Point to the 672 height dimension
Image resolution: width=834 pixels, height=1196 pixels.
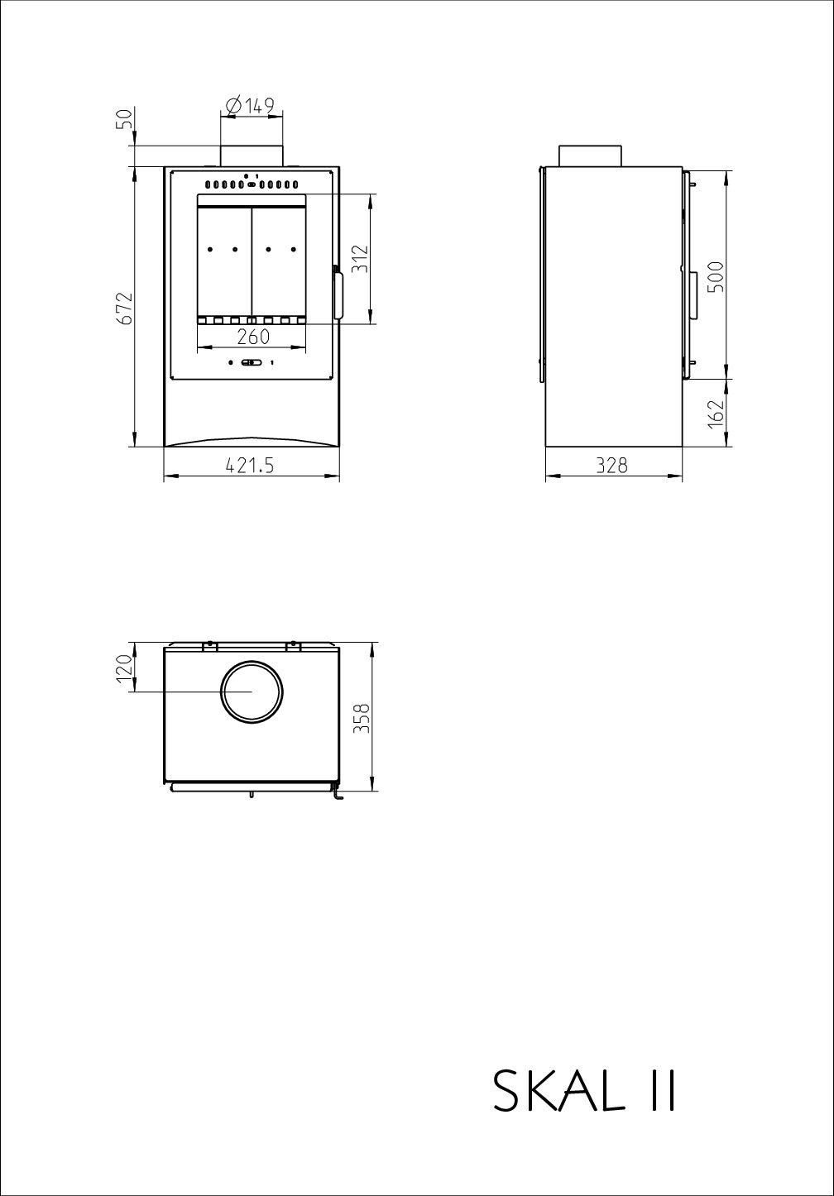pos(125,308)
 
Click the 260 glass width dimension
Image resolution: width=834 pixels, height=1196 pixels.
pos(252,337)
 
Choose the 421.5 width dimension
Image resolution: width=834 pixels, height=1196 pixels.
pos(250,466)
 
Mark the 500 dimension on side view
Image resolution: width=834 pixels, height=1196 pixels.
pos(717,276)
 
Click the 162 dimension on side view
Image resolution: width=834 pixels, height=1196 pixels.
pos(717,412)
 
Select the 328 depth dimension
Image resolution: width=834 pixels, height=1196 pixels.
pos(612,466)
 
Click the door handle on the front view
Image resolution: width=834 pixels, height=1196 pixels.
pos(339,294)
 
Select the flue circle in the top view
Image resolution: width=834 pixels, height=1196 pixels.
pos(252,691)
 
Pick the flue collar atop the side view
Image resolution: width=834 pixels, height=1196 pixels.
pos(590,155)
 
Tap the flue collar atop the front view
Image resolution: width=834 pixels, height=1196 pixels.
pos(252,155)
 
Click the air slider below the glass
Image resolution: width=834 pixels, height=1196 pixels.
pos(252,362)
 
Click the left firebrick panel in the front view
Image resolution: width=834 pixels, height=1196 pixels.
pos(223,261)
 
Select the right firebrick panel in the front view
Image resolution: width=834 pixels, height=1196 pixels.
pos(279,261)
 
